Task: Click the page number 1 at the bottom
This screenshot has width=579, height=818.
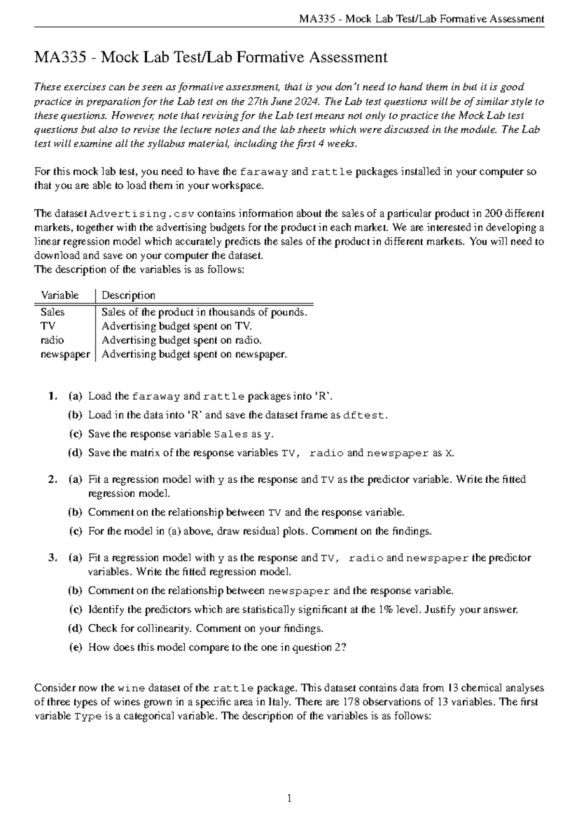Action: click(x=289, y=799)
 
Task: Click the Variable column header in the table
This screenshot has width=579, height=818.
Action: click(x=60, y=295)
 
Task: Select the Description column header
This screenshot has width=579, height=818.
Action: click(x=128, y=295)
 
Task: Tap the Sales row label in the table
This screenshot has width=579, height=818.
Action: click(x=52, y=313)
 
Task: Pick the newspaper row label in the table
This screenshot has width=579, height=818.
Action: click(x=65, y=354)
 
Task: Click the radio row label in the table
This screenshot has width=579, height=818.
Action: click(x=52, y=341)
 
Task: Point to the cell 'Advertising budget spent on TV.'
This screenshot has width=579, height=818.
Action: click(x=177, y=327)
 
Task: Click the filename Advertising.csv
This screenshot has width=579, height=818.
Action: click(x=142, y=214)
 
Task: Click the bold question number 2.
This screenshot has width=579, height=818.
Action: click(x=52, y=480)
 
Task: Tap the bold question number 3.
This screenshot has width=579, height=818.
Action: click(x=52, y=558)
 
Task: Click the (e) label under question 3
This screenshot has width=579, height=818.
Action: click(x=75, y=648)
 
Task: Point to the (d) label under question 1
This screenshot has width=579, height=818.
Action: click(x=75, y=453)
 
